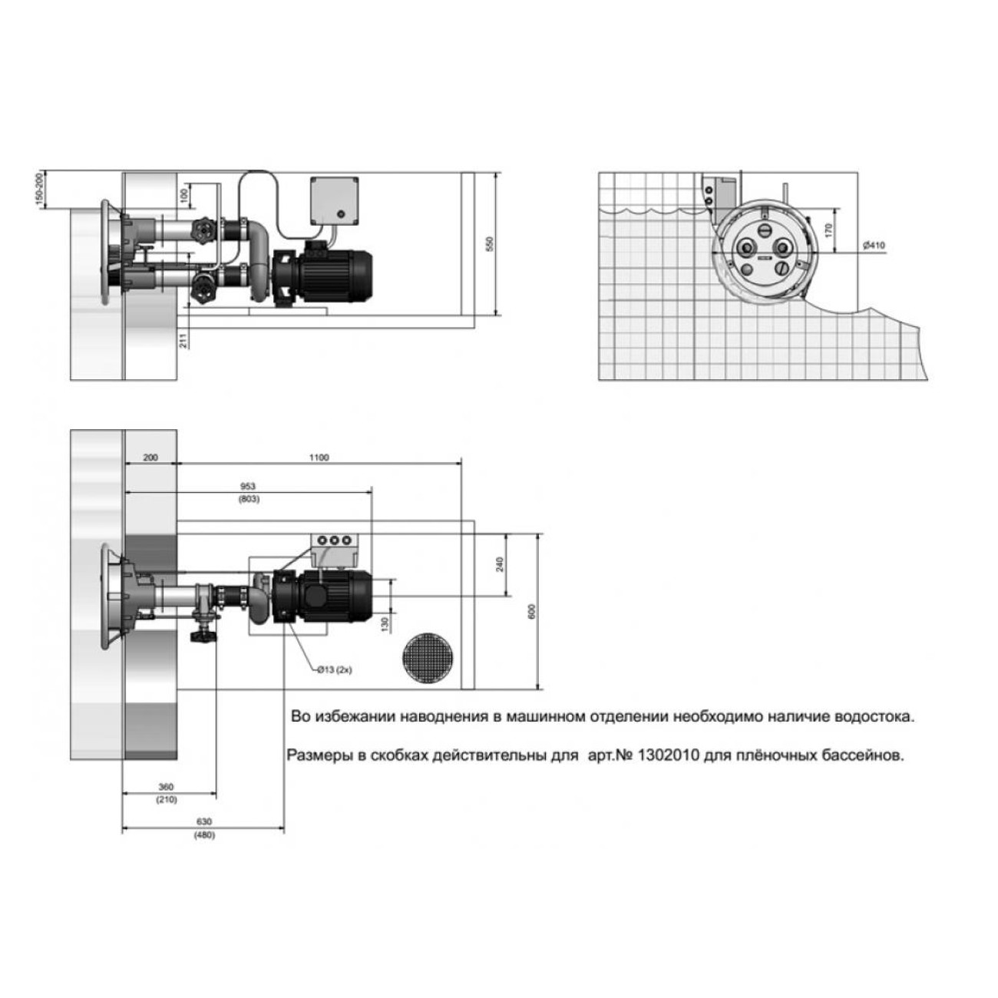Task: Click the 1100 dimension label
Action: [x=319, y=458]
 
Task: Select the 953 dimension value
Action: [x=249, y=486]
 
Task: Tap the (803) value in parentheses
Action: [x=249, y=499]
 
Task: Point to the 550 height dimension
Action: [x=491, y=244]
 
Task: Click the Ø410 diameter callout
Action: [x=874, y=245]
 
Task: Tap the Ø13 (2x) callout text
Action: [x=335, y=669]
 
